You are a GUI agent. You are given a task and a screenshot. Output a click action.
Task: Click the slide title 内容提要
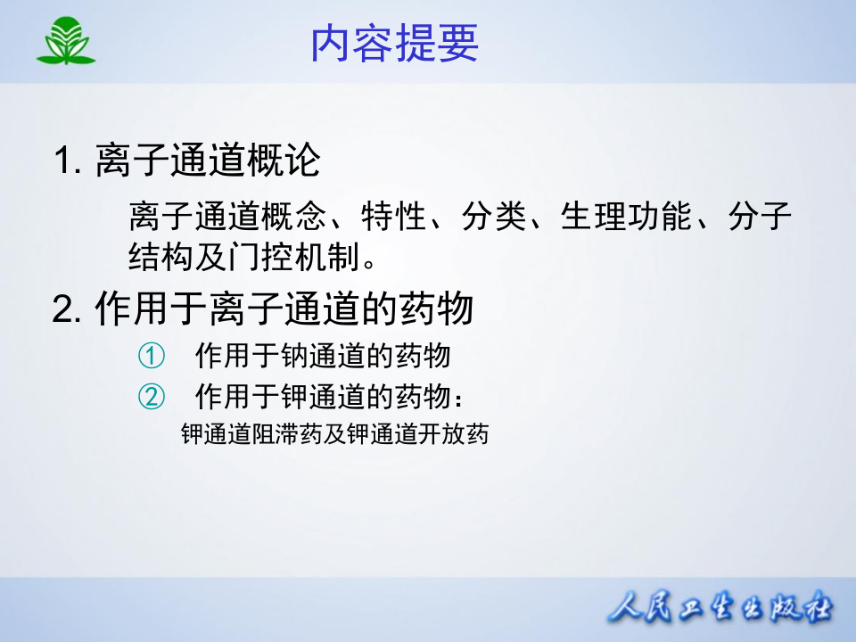click(394, 43)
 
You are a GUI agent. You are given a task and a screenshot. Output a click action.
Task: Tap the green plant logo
click(66, 43)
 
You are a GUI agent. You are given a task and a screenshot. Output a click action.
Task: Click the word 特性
click(394, 216)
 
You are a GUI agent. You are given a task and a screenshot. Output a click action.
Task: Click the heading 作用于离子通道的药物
click(284, 310)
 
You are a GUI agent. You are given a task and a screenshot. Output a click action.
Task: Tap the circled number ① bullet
click(152, 356)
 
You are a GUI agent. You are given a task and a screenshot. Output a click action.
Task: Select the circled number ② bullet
click(152, 395)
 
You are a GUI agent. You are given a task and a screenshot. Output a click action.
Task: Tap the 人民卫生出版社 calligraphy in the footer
click(719, 610)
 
